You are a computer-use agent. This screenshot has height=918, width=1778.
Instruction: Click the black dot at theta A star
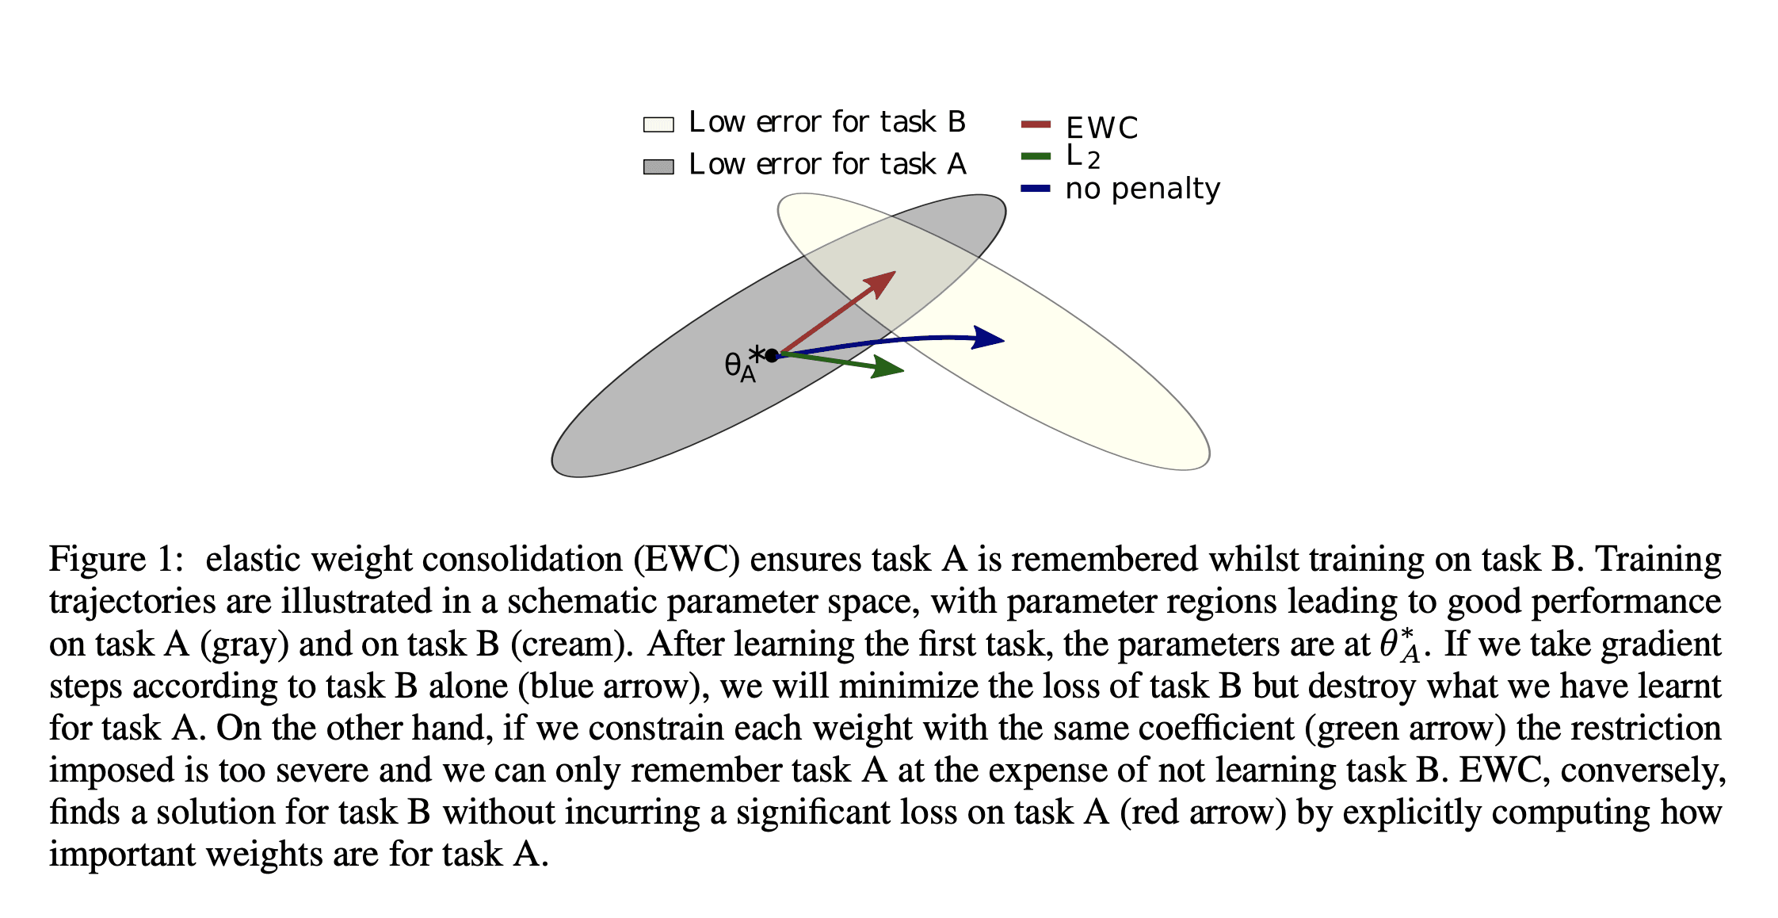772,355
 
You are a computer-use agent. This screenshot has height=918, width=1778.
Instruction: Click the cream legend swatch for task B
658,124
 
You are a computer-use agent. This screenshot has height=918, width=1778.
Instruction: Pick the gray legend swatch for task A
658,166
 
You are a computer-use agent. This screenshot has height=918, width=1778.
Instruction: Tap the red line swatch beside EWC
1036,124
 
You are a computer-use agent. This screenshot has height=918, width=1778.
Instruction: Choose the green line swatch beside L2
1036,156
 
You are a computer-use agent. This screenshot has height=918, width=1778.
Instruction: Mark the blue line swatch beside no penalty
1036,189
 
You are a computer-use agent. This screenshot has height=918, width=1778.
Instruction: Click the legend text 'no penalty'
1143,189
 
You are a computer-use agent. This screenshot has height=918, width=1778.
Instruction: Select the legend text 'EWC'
1101,128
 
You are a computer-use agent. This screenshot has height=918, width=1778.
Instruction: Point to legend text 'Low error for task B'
827,122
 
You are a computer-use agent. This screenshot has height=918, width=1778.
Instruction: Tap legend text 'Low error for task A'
827,164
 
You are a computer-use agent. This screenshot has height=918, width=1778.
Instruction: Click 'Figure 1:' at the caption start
116,560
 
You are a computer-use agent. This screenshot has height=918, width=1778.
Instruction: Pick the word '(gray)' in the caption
244,645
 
